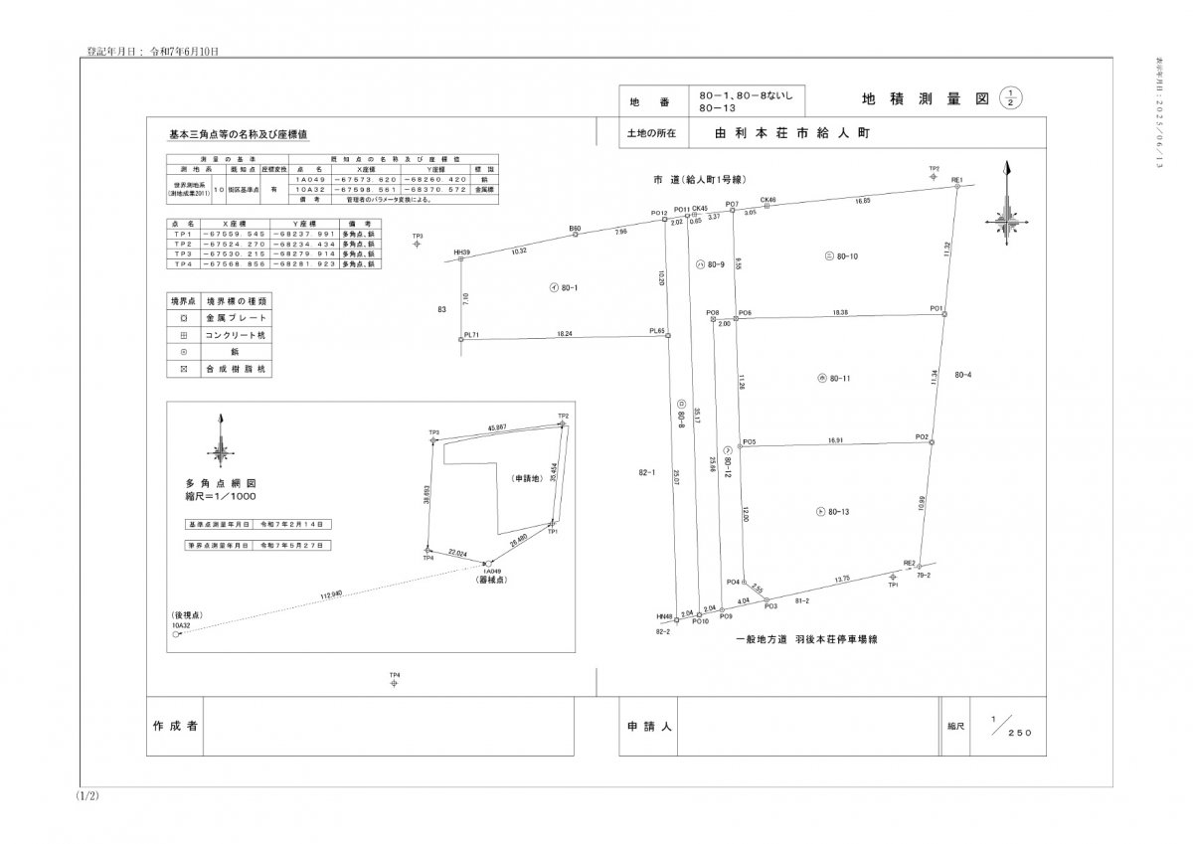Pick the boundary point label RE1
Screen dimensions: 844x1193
click(x=957, y=179)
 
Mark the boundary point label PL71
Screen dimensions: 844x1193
click(x=472, y=335)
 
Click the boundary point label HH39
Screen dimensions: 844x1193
click(x=461, y=253)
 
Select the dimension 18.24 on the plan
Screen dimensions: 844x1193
click(x=565, y=334)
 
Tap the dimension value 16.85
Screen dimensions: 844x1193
click(x=863, y=201)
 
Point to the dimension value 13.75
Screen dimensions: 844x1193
click(x=841, y=578)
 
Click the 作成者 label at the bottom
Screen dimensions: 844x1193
click(x=177, y=726)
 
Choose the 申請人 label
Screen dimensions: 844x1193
click(x=650, y=727)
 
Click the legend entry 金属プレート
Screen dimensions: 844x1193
click(x=236, y=317)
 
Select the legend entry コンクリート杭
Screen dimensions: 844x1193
click(x=236, y=335)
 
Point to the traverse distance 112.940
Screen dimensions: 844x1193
click(x=330, y=594)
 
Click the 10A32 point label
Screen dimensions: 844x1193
click(x=181, y=625)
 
